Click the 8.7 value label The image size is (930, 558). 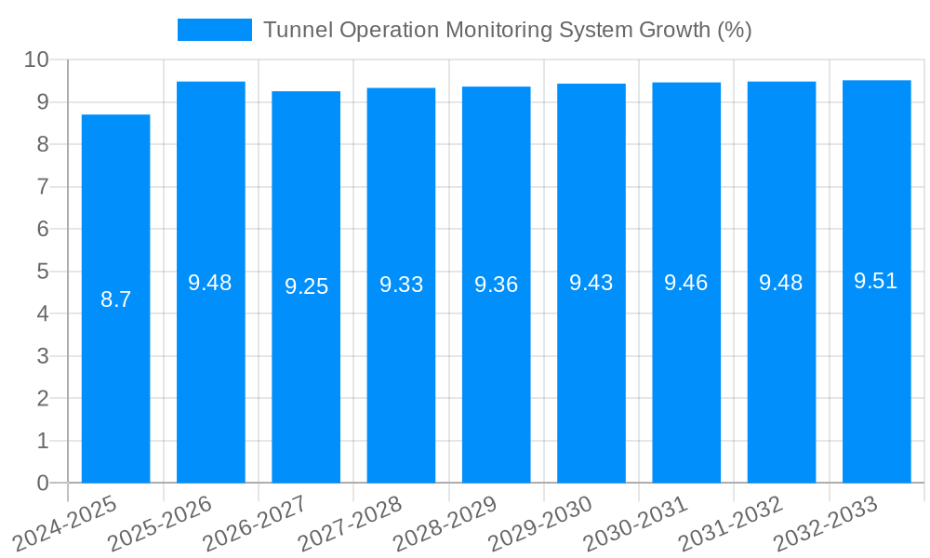pyautogui.click(x=116, y=299)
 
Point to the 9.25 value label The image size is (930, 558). pyautogui.click(x=306, y=286)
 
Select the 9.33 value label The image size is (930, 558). pyautogui.click(x=401, y=285)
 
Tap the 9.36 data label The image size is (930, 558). pyautogui.click(x=496, y=285)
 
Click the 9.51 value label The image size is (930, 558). pyautogui.click(x=876, y=281)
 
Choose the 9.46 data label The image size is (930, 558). pyautogui.click(x=686, y=283)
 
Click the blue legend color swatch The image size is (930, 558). pyautogui.click(x=215, y=30)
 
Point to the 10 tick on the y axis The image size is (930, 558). pyautogui.click(x=36, y=60)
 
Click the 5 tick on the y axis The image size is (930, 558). pyautogui.click(x=43, y=272)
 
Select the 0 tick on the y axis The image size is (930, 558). pyautogui.click(x=43, y=483)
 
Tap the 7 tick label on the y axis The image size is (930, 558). pyautogui.click(x=43, y=187)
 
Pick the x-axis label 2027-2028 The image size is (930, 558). pyautogui.click(x=352, y=524)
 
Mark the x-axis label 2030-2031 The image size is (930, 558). pyautogui.click(x=637, y=524)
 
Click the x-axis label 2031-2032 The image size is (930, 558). pyautogui.click(x=732, y=524)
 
